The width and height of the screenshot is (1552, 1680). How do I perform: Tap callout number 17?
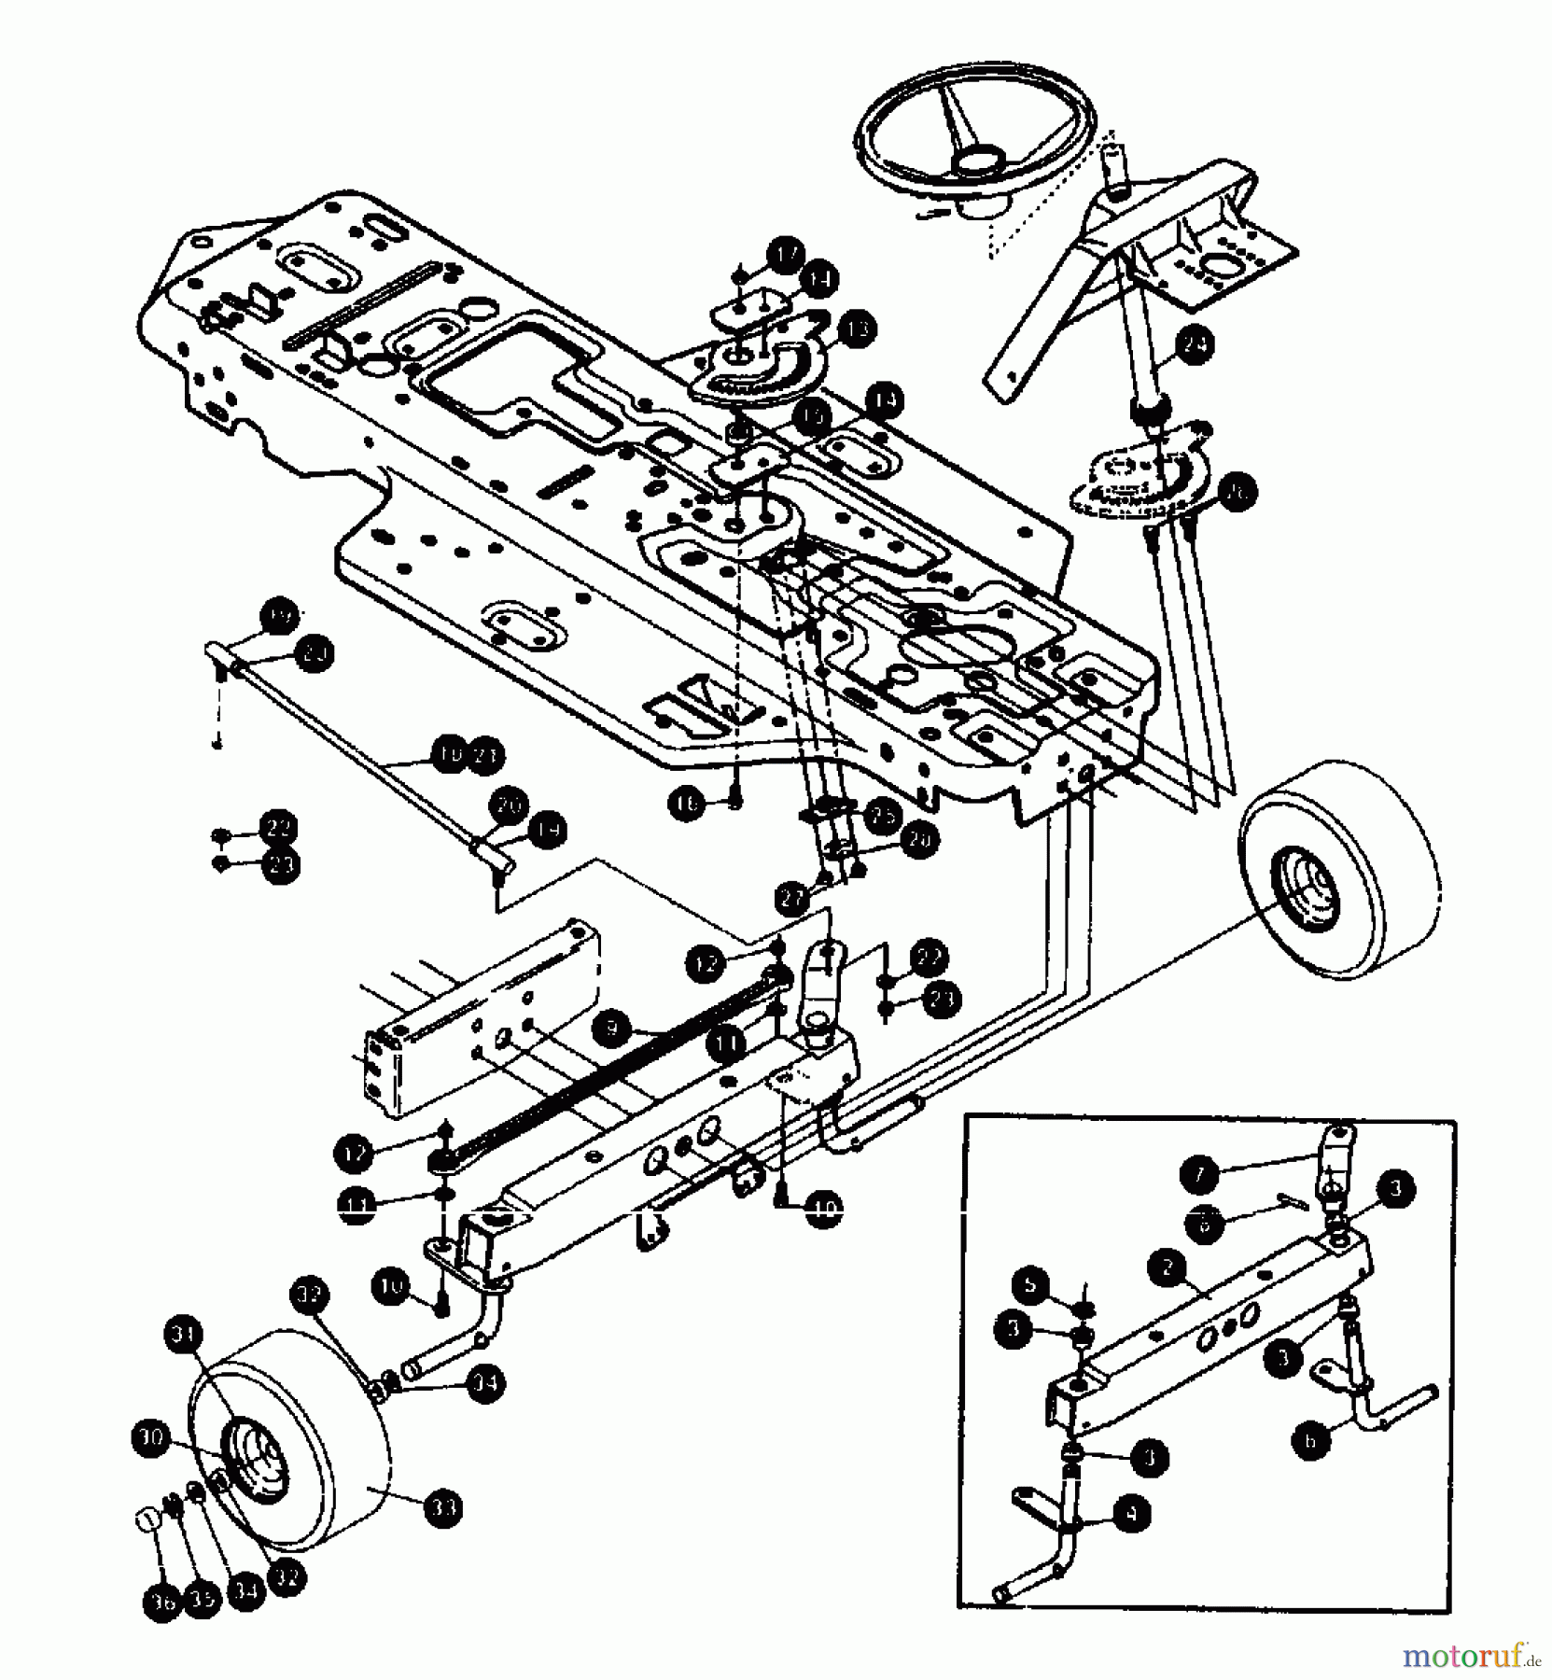point(786,254)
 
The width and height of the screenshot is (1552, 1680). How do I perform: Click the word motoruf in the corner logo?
point(1461,1657)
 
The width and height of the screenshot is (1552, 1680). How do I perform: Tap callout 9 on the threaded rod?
point(610,1029)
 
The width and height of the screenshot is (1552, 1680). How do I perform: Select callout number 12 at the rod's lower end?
point(354,1154)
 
